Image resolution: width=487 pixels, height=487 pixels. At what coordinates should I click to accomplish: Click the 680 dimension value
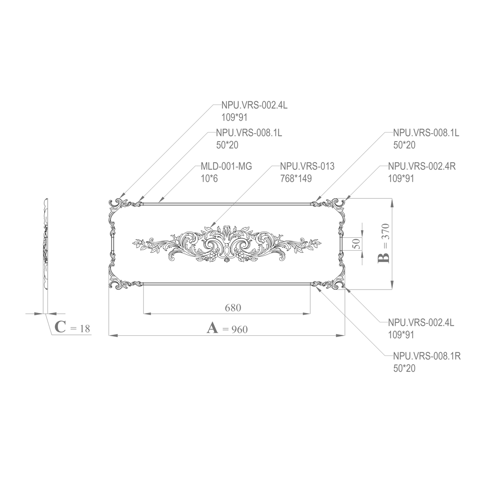(233, 308)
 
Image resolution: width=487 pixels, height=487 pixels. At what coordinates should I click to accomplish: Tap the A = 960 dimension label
(227, 328)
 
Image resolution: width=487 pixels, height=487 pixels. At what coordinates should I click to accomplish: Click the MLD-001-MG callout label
(226, 166)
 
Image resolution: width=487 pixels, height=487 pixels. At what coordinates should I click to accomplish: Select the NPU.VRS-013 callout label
(307, 166)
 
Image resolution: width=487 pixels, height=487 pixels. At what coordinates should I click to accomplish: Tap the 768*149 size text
(296, 179)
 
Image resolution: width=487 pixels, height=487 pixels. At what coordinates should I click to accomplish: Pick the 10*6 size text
(209, 179)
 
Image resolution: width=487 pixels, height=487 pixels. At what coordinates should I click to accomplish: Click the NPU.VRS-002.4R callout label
(422, 166)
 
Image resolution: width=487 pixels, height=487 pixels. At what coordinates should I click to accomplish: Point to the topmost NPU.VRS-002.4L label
(254, 106)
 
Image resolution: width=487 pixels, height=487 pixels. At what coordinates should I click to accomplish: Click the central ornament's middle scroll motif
(224, 245)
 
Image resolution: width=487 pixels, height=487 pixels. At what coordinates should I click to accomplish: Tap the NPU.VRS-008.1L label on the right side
(426, 133)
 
